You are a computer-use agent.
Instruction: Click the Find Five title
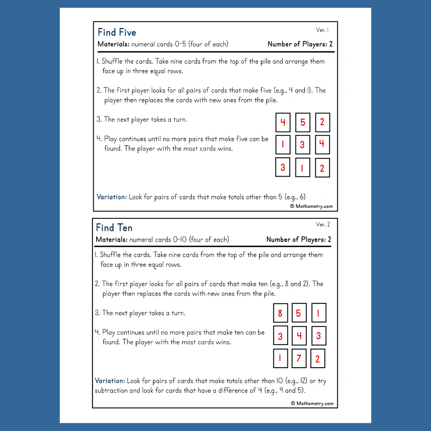(117, 33)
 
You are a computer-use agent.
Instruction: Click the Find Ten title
(114, 228)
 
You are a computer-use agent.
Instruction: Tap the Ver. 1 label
(322, 30)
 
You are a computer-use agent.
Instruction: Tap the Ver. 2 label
(323, 225)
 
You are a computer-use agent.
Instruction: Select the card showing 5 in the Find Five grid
(302, 123)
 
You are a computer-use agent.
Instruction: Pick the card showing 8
(280, 313)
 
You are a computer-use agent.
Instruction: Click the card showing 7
(299, 358)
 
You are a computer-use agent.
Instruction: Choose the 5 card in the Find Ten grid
(299, 313)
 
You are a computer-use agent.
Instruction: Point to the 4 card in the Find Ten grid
(299, 336)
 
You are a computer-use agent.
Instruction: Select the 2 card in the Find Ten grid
(318, 358)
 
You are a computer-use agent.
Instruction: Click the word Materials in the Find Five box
(113, 44)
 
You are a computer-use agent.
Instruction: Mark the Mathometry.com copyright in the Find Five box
(311, 206)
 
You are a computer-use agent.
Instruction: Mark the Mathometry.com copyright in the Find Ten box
(312, 403)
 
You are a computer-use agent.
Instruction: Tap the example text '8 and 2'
(296, 284)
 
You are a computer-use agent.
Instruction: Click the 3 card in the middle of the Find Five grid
(302, 145)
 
